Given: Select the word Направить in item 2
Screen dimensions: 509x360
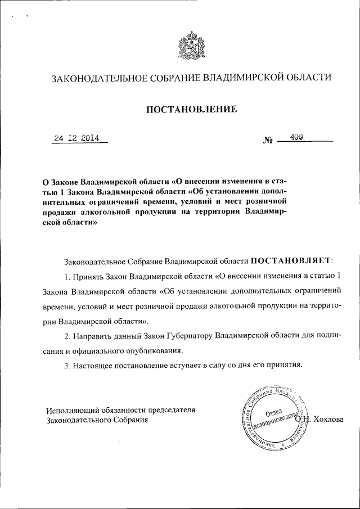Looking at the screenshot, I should click(x=92, y=336).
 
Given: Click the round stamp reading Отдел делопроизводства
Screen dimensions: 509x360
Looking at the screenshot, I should click(x=273, y=417).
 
